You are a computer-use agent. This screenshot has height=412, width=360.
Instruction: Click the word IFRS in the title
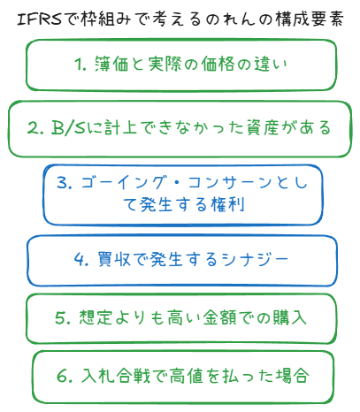[40, 19]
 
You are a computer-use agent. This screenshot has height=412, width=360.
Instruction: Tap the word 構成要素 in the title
[309, 19]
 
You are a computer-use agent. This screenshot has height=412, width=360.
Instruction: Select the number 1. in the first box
[80, 64]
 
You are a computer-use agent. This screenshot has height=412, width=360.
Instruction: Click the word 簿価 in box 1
[111, 64]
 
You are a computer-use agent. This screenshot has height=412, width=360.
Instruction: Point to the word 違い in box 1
[271, 64]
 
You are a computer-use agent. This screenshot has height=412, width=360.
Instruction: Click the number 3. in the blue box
[65, 182]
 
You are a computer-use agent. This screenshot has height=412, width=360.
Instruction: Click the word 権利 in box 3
[227, 204]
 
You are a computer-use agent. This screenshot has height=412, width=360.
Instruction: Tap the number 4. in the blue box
[81, 260]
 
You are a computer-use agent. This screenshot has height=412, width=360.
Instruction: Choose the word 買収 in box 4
[114, 260]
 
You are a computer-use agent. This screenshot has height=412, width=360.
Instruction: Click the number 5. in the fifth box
[63, 318]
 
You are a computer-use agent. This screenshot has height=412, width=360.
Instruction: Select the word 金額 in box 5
[219, 317]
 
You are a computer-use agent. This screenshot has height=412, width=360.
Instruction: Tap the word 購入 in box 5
[289, 317]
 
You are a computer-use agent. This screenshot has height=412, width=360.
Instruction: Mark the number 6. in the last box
[65, 377]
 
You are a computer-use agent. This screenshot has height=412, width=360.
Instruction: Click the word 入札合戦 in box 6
[115, 376]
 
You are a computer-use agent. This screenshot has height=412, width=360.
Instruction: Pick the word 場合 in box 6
[292, 376]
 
